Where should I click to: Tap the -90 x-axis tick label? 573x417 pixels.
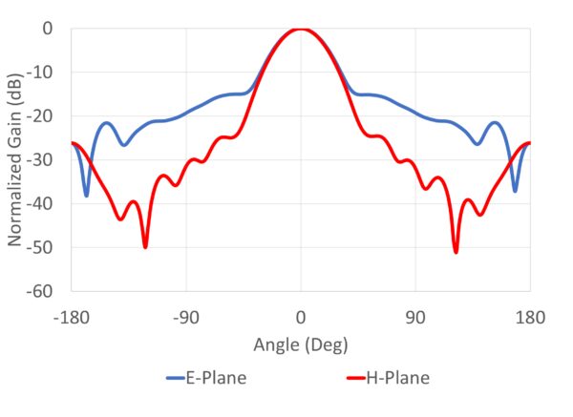point(186,317)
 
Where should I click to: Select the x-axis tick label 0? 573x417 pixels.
point(301,317)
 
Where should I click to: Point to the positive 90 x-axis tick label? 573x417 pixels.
point(415,317)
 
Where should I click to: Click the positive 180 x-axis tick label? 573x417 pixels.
point(530,317)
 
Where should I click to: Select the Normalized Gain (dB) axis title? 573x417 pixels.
point(16,159)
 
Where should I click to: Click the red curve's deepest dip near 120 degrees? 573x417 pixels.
point(456,251)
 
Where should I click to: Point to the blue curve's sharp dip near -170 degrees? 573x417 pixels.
point(86,195)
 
